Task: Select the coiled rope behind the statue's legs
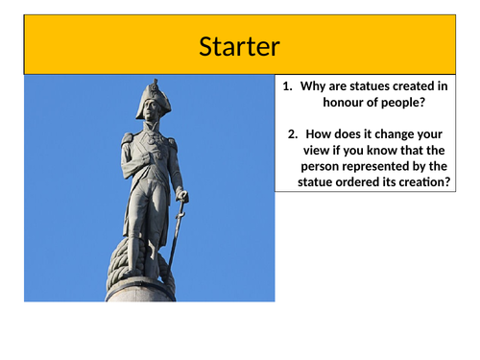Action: click(x=123, y=264)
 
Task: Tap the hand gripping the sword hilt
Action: click(x=181, y=197)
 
